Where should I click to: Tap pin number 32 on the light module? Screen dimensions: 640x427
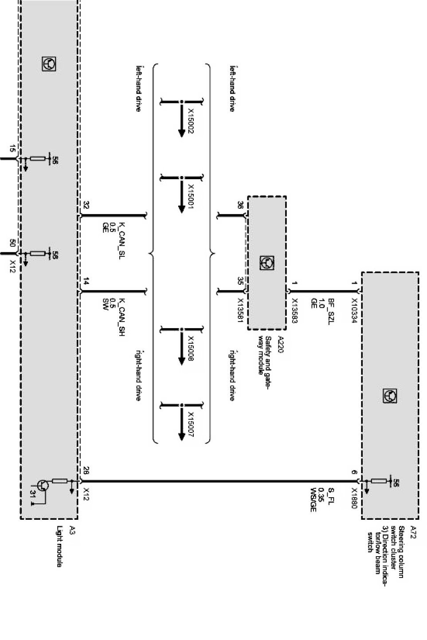pyautogui.click(x=86, y=205)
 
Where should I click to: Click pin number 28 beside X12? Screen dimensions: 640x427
pyautogui.click(x=86, y=471)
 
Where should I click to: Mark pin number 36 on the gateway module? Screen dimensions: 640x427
pyautogui.click(x=240, y=205)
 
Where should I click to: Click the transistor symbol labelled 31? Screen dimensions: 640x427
pyautogui.click(x=43, y=485)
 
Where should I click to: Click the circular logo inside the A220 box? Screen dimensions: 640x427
pyautogui.click(x=266, y=263)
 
